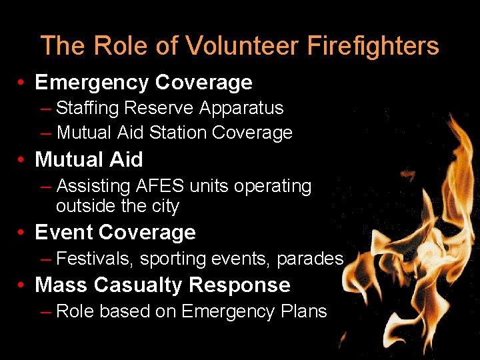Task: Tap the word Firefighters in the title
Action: coord(373,46)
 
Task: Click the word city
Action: coord(165,206)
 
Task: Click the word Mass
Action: coord(61,285)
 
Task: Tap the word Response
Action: coord(240,285)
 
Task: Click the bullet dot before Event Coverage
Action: coord(23,233)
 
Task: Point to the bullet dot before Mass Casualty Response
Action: coord(23,285)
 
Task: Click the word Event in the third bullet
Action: coord(63,232)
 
